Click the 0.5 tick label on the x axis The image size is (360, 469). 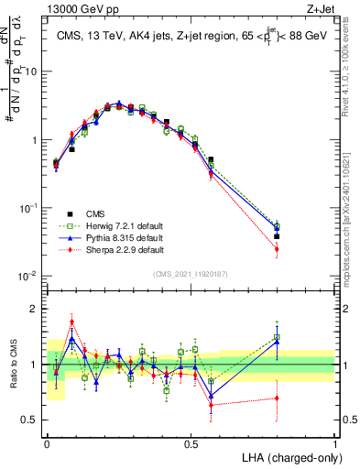(x=191, y=443)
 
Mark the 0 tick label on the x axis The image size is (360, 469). (x=48, y=443)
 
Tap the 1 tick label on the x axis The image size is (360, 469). (x=335, y=443)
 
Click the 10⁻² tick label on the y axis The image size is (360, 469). (x=30, y=276)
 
